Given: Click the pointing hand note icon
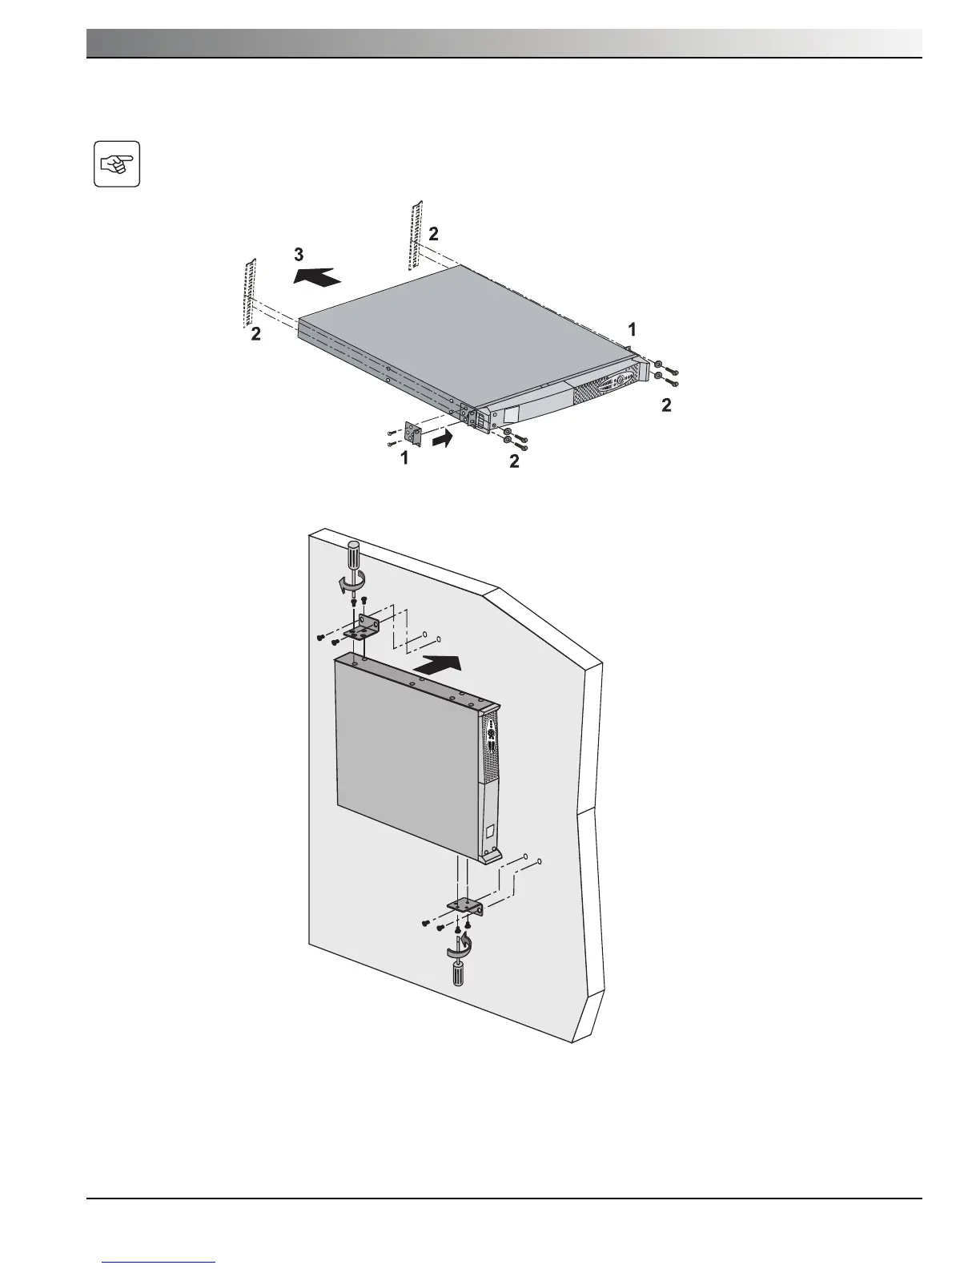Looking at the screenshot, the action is [117, 164].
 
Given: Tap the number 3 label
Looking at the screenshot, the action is [299, 255].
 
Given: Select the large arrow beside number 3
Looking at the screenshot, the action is [317, 276].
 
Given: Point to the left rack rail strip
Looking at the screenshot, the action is [250, 292].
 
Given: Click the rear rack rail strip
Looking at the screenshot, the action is [414, 236].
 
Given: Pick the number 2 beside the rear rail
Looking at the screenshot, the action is [433, 234].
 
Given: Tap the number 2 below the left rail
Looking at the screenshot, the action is [255, 335].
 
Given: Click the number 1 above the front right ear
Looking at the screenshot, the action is [632, 328].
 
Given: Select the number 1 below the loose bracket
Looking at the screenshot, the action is [405, 457].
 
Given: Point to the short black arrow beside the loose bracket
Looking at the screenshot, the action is [444, 438].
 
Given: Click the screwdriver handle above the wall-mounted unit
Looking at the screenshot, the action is [353, 557].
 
